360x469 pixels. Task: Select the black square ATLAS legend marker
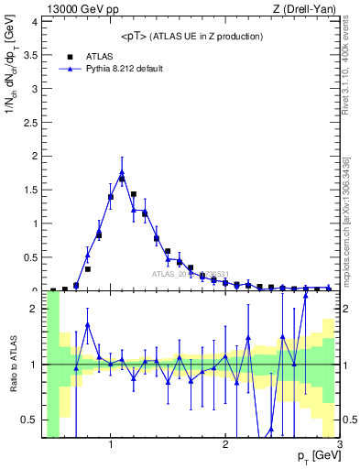pyautogui.click(x=69, y=56)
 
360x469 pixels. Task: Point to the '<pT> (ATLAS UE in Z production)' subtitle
pyautogui.click(x=191, y=36)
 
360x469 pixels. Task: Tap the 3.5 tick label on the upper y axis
pyautogui.click(x=32, y=55)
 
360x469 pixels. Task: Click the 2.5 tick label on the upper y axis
pyautogui.click(x=32, y=122)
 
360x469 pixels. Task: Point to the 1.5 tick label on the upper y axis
pyautogui.click(x=32, y=190)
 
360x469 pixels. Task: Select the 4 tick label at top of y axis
pyautogui.click(x=36, y=21)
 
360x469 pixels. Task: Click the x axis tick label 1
pyautogui.click(x=111, y=445)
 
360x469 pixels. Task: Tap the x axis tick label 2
pyautogui.click(x=225, y=445)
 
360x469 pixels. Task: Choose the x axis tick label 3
pyautogui.click(x=339, y=445)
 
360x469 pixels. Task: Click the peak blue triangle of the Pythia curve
pyautogui.click(x=122, y=172)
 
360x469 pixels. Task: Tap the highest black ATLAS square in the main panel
pyautogui.click(x=122, y=180)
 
